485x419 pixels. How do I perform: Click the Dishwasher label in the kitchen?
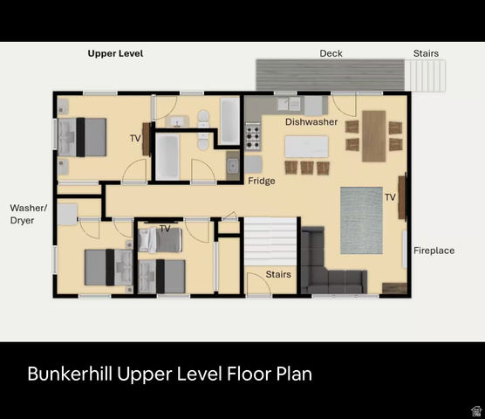click(311, 122)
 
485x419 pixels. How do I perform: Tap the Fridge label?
click(262, 181)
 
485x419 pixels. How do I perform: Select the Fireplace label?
click(434, 251)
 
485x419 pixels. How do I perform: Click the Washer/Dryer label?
click(29, 214)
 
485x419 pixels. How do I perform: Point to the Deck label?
click(331, 53)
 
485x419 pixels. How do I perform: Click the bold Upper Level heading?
click(115, 53)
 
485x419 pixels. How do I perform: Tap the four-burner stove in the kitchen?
click(253, 136)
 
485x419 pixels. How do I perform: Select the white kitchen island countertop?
click(306, 147)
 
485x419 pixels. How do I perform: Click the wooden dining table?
click(374, 136)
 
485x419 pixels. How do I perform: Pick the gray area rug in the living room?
click(361, 220)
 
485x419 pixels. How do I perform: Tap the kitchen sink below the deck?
click(288, 104)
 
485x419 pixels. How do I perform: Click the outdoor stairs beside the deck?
click(425, 75)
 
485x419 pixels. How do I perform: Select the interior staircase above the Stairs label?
click(270, 242)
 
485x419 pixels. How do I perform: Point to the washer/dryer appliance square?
click(67, 214)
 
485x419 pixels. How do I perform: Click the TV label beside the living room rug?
click(390, 197)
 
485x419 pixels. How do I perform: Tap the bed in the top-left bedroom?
click(82, 137)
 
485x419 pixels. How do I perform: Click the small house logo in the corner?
click(476, 410)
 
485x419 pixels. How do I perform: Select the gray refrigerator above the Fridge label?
click(254, 164)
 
